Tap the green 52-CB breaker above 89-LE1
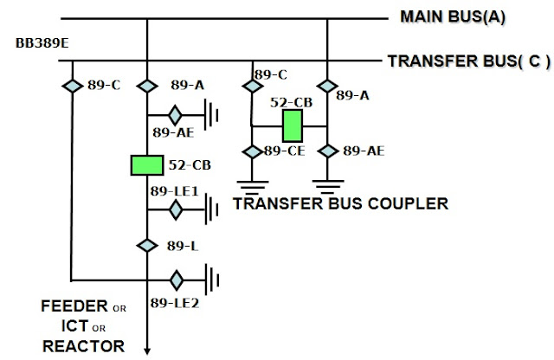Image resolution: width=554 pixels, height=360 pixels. [147, 165]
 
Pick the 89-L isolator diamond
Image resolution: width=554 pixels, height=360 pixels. [147, 245]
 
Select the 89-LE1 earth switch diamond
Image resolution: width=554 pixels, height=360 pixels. [176, 209]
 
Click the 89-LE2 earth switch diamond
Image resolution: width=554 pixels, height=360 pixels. [176, 280]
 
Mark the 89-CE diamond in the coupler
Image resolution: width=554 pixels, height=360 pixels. [252, 151]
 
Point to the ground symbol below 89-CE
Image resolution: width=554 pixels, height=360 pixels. [252, 183]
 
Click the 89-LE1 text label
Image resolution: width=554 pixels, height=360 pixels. [174, 190]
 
